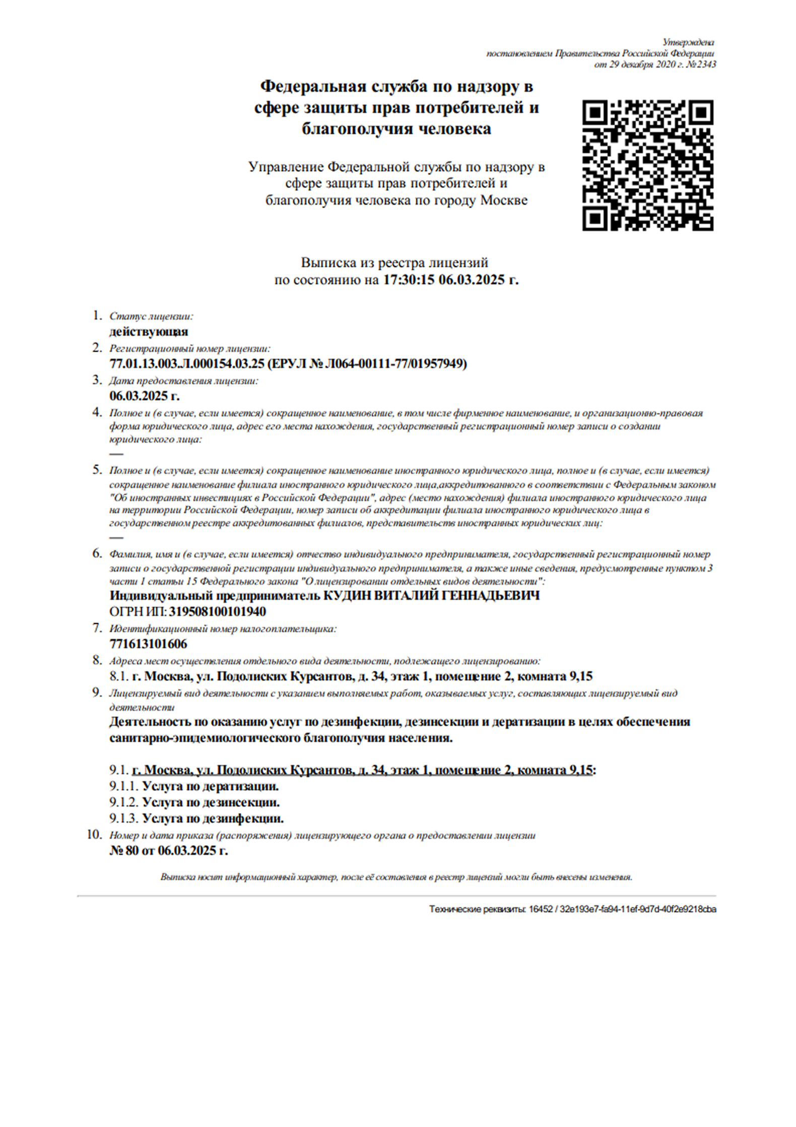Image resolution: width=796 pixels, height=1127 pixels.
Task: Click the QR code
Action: pyautogui.click(x=647, y=165)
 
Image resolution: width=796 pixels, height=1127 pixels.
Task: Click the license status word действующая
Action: pyautogui.click(x=149, y=332)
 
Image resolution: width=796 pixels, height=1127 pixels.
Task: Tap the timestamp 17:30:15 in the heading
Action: pyautogui.click(x=409, y=280)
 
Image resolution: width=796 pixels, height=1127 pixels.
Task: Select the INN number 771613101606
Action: pyautogui.click(x=148, y=644)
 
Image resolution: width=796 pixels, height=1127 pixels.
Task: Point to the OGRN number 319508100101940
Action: pyautogui.click(x=217, y=612)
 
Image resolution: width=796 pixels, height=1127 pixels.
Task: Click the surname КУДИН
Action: pyautogui.click(x=346, y=596)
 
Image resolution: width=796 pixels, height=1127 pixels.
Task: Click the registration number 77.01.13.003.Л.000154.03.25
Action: pyautogui.click(x=187, y=364)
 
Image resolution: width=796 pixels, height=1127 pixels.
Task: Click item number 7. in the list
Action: pyautogui.click(x=97, y=628)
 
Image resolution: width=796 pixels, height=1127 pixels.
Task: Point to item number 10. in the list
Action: pyautogui.click(x=94, y=834)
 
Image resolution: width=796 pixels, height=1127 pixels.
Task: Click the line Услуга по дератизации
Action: pyautogui.click(x=210, y=786)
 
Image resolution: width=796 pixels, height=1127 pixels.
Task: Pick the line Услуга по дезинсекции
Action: pyautogui.click(x=211, y=802)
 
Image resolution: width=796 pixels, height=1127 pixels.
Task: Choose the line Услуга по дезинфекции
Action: pyautogui.click(x=213, y=819)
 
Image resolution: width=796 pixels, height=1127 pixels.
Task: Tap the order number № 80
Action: pyautogui.click(x=124, y=851)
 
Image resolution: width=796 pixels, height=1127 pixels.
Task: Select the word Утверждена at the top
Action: pyautogui.click(x=688, y=42)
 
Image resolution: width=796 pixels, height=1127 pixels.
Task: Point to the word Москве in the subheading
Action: pyautogui.click(x=504, y=201)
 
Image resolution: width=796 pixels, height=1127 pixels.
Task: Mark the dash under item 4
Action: pyautogui.click(x=116, y=454)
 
